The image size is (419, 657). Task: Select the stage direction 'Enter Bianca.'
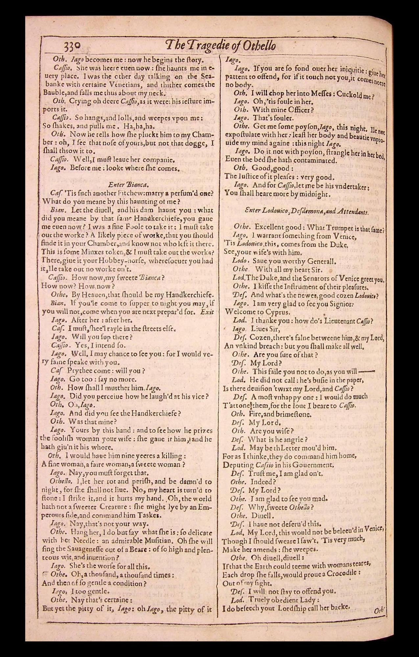coord(128,184)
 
